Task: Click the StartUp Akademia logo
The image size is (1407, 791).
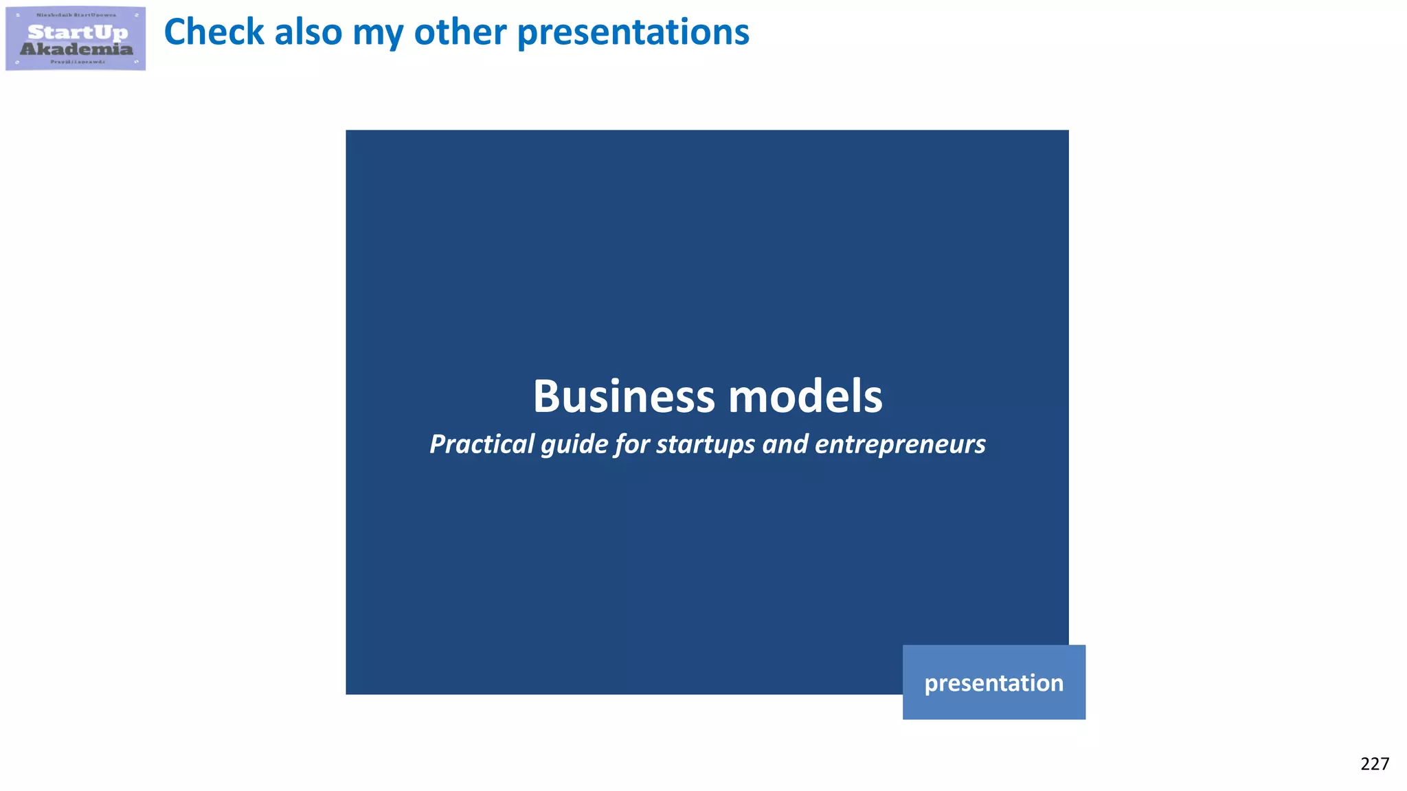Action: click(x=76, y=38)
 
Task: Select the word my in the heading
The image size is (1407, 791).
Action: click(x=377, y=33)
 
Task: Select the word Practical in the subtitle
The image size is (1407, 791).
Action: click(x=482, y=444)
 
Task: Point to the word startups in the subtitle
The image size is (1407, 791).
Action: click(x=706, y=445)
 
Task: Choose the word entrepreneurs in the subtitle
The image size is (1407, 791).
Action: click(x=900, y=445)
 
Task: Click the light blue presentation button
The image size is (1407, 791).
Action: click(x=993, y=683)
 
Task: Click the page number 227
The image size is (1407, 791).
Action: click(x=1374, y=764)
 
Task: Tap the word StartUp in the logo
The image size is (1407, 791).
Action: click(x=78, y=32)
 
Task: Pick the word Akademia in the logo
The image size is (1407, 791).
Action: click(x=76, y=49)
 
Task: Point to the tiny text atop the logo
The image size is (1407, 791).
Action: click(x=76, y=15)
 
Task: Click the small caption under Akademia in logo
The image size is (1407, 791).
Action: click(x=77, y=62)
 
